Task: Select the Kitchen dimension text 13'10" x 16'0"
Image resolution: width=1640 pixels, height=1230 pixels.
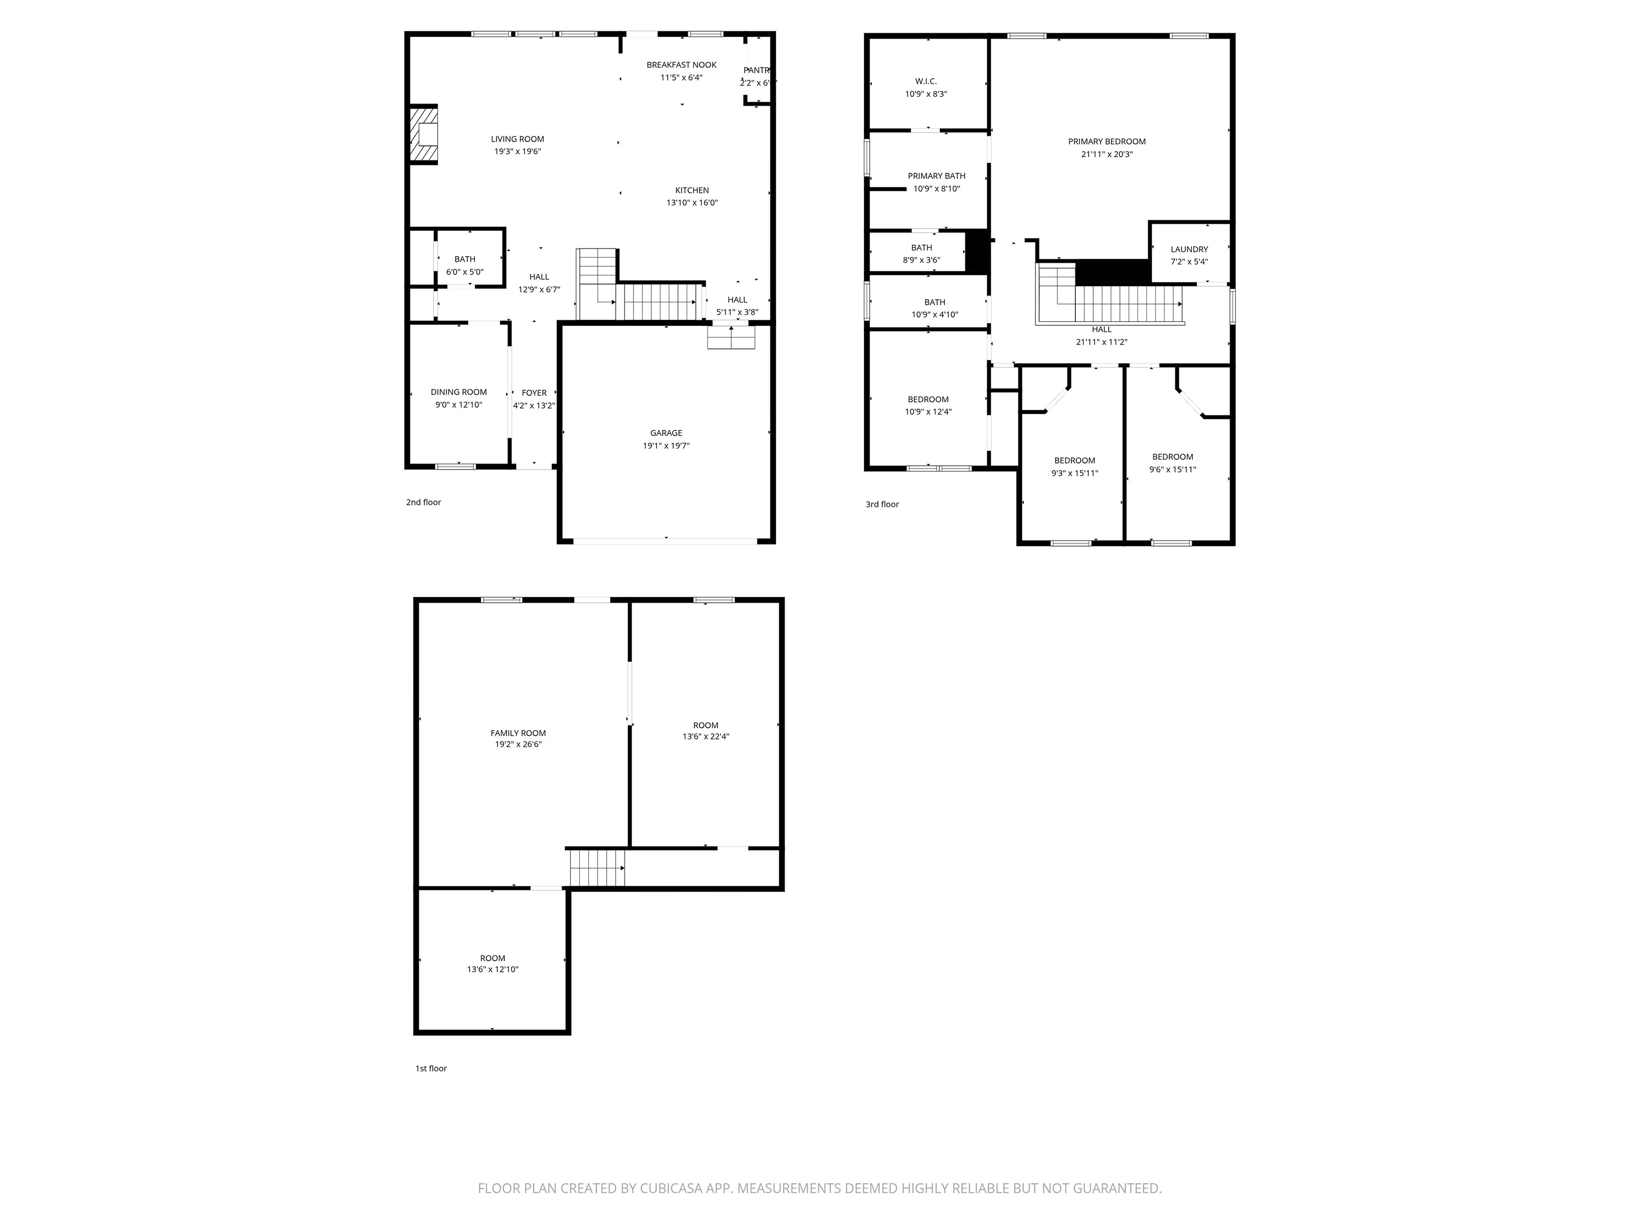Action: pos(691,203)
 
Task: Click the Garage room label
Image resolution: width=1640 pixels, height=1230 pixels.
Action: pos(666,433)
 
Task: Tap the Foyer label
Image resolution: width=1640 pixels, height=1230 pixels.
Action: pos(534,393)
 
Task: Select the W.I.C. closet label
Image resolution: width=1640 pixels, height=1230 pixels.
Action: pos(925,82)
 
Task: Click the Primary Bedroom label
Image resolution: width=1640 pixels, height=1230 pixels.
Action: pos(1106,141)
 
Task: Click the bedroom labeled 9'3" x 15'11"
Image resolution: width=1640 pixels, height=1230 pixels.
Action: pos(1074,466)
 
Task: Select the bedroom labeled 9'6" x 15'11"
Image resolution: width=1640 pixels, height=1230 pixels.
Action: pos(1172,462)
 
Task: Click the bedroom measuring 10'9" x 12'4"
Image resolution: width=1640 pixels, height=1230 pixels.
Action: pos(928,405)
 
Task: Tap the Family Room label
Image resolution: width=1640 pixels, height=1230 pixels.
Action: pos(518,734)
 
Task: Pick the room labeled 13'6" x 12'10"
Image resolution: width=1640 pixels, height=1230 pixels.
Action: pos(492,964)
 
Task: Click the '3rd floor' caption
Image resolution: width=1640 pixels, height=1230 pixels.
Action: pos(882,505)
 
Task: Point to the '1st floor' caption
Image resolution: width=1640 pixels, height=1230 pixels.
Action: pos(431,1068)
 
